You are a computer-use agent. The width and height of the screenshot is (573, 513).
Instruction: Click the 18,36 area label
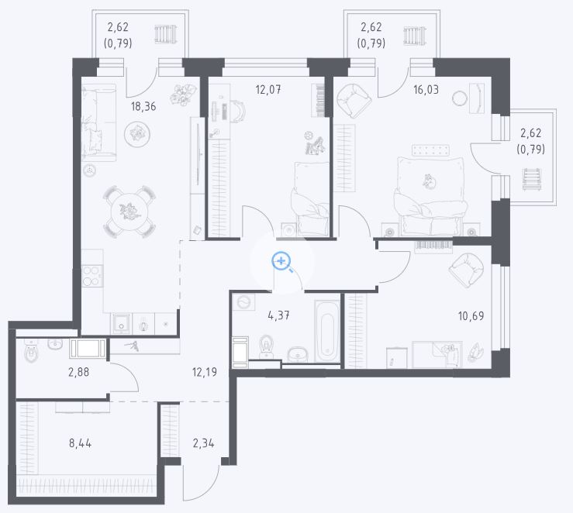pos(143,107)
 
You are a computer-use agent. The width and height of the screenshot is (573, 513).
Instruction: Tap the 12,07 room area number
pos(268,89)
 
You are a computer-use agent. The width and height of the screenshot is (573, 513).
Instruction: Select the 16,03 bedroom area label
pos(426,89)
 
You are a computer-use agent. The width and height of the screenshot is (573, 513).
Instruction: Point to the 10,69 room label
pos(471,316)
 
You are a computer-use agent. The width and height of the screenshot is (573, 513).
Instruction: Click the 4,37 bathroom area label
pos(279,315)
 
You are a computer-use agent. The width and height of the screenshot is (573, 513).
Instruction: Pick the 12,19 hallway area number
pos(205,372)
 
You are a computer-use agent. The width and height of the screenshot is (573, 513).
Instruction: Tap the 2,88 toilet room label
pos(78,372)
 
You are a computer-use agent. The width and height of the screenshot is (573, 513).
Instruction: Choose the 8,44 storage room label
pos(80,443)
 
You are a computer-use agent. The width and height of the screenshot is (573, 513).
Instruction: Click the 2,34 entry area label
pos(204,443)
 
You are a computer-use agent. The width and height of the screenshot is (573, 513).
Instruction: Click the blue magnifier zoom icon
pos(281,261)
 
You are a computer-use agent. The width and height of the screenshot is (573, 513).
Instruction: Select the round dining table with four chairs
pos(129,212)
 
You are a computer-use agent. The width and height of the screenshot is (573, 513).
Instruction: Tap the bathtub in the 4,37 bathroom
pos(327,331)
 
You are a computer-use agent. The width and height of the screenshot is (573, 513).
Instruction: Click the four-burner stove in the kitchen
pos(92,276)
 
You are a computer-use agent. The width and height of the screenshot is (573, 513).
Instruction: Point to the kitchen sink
pos(121,323)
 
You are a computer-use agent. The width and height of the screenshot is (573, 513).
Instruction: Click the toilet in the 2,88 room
pos(32,351)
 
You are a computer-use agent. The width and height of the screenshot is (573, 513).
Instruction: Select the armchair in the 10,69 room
pos(466,270)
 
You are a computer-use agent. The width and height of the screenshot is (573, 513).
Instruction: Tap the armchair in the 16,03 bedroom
pos(354,101)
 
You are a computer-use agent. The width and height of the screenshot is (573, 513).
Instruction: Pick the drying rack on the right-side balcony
pos(532,179)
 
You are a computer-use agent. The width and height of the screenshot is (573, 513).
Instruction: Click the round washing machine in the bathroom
pos(243,303)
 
